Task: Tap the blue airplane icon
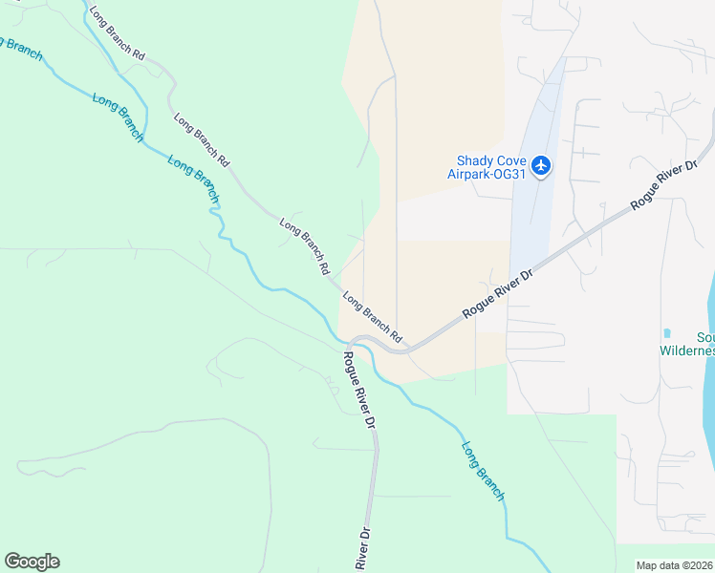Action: click(x=541, y=166)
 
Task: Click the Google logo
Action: click(x=32, y=562)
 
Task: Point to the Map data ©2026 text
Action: click(x=675, y=564)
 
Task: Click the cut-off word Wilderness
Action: click(x=687, y=350)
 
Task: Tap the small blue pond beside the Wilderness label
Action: click(x=665, y=333)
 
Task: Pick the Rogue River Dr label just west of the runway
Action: click(x=496, y=293)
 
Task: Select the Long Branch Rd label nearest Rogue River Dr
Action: click(x=373, y=319)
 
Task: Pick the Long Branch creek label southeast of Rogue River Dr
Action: click(x=483, y=470)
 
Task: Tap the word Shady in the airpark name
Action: click(x=475, y=160)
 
